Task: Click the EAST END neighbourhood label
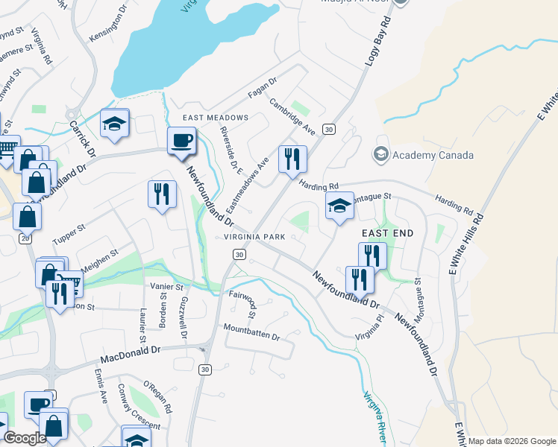coord(387,233)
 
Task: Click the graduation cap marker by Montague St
coord(339,206)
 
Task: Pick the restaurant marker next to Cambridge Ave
coord(292,158)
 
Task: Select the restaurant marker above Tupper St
coord(161,194)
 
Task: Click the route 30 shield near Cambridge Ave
coord(328,129)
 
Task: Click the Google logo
coord(25,438)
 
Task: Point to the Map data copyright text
coord(512,441)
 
